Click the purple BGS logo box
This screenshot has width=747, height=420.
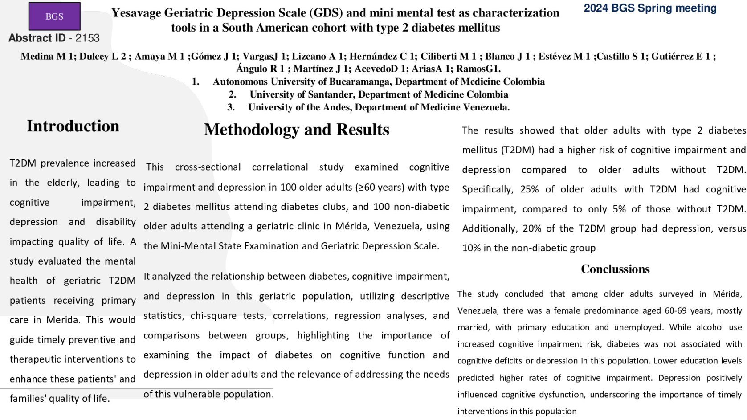point(54,16)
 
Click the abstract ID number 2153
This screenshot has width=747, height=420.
point(87,38)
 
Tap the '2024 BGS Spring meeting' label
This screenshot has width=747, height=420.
point(650,8)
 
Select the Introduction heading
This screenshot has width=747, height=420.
point(73,126)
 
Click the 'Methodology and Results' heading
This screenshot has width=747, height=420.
point(296,130)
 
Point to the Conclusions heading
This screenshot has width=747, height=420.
point(615,269)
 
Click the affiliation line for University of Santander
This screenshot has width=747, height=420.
point(379,94)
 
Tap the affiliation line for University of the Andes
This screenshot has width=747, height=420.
point(379,107)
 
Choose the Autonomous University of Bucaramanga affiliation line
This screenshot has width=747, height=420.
point(379,82)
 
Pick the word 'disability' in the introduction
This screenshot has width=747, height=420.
point(116,222)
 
